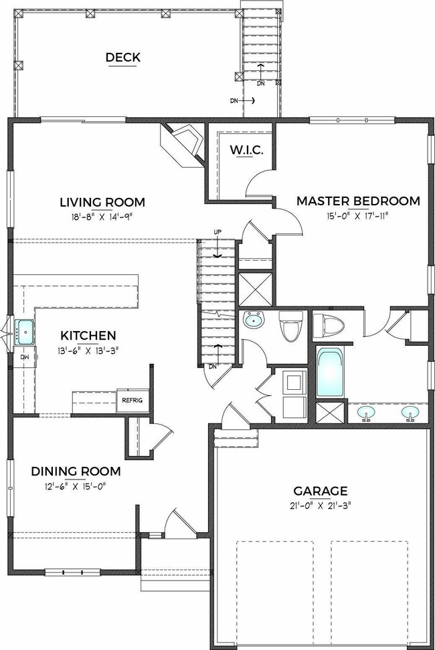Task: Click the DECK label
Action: (122, 58)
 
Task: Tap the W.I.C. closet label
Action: (247, 150)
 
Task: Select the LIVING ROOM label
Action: (102, 203)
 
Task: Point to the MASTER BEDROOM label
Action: (358, 201)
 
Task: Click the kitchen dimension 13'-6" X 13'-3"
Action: (88, 350)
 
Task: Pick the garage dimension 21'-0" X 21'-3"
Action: (321, 506)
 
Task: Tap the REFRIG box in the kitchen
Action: (133, 400)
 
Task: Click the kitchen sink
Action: (25, 332)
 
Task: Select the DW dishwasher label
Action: (24, 356)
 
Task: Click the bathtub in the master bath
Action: (330, 372)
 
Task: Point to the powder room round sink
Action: (254, 320)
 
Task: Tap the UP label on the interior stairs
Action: (217, 232)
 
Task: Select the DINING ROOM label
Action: (76, 471)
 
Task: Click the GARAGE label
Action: (321, 492)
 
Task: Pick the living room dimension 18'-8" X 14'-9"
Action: (102, 217)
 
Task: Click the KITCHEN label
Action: (88, 335)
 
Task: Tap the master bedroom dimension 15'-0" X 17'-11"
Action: (358, 215)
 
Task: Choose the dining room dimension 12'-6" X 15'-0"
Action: (76, 486)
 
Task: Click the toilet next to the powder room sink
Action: (290, 326)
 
